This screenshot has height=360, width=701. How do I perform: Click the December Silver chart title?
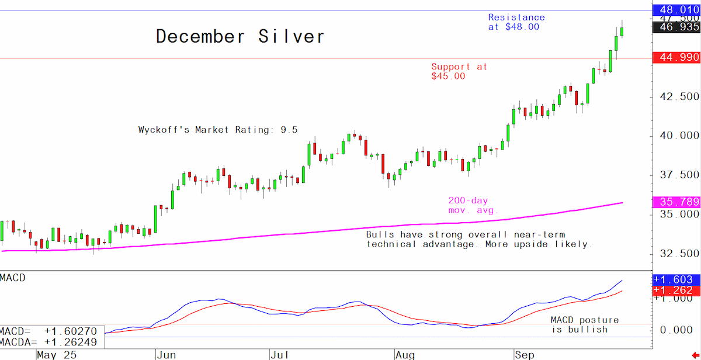click(x=240, y=36)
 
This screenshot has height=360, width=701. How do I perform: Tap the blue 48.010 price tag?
click(x=676, y=10)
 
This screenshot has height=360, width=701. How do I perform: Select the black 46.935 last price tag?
click(x=676, y=27)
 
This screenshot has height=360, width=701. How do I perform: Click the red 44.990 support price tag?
click(x=676, y=58)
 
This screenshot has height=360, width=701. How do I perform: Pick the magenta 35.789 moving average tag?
click(x=676, y=202)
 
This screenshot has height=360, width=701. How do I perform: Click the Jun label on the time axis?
click(x=166, y=355)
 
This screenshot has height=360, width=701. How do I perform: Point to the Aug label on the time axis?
click(x=405, y=355)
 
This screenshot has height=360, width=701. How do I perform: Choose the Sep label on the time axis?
click(x=525, y=355)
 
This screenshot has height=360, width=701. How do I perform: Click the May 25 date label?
click(x=57, y=355)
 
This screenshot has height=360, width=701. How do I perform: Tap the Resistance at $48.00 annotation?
click(x=516, y=22)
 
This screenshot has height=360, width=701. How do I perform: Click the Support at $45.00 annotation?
click(x=459, y=71)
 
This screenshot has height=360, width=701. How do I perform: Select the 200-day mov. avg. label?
click(x=473, y=205)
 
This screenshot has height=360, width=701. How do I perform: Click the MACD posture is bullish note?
click(x=585, y=324)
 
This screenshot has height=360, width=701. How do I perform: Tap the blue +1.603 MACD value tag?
click(x=676, y=279)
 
